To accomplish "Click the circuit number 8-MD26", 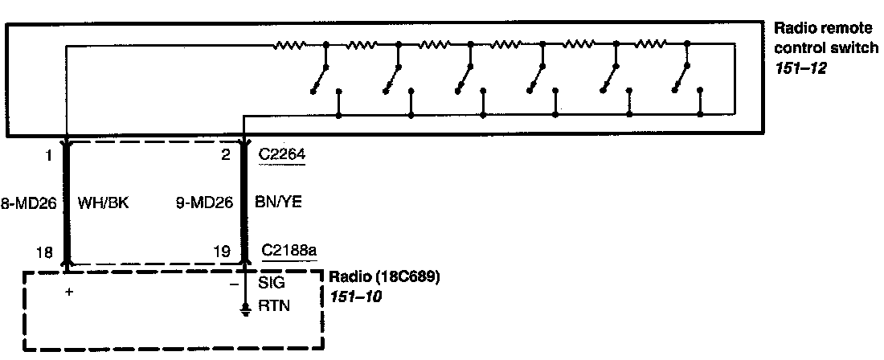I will [28, 203].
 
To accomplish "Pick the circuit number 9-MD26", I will [204, 203].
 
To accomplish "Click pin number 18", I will [45, 252].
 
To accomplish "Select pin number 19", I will [224, 252].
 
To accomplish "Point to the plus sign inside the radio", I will [70, 292].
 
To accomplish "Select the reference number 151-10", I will [354, 296].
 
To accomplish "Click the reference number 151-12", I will [801, 68].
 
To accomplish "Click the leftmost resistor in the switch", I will [289, 45].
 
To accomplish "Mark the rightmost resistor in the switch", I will [651, 45].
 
